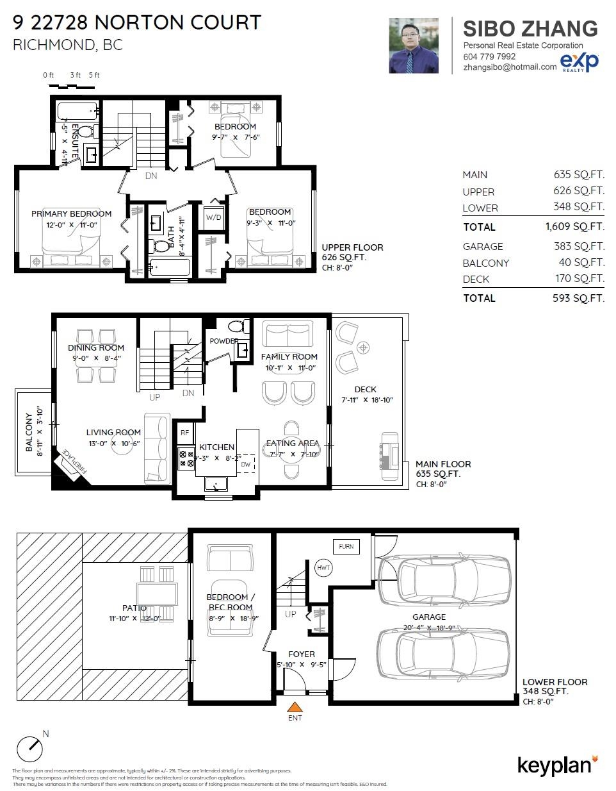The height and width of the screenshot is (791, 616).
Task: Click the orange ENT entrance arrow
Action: point(295,708)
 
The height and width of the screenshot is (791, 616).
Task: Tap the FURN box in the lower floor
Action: point(346,547)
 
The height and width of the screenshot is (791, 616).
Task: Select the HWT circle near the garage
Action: point(323,567)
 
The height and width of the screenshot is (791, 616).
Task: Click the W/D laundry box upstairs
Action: point(213,217)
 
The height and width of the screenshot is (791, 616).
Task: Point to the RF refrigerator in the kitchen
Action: point(185,433)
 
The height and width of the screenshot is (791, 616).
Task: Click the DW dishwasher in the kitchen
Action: point(246,463)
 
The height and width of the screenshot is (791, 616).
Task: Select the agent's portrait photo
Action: point(414,46)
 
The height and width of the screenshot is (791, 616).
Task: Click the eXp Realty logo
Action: point(580,62)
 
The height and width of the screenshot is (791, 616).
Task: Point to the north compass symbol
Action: point(31,747)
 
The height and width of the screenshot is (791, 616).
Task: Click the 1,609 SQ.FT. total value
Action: point(574,226)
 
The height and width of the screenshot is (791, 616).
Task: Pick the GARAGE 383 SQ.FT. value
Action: point(578,246)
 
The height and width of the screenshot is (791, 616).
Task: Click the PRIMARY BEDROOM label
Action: point(71,213)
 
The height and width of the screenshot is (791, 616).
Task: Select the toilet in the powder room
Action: point(236,325)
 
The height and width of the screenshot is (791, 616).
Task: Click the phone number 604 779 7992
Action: point(489,56)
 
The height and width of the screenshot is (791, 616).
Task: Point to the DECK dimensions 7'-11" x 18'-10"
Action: point(366,400)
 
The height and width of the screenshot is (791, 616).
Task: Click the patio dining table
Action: point(156,592)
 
